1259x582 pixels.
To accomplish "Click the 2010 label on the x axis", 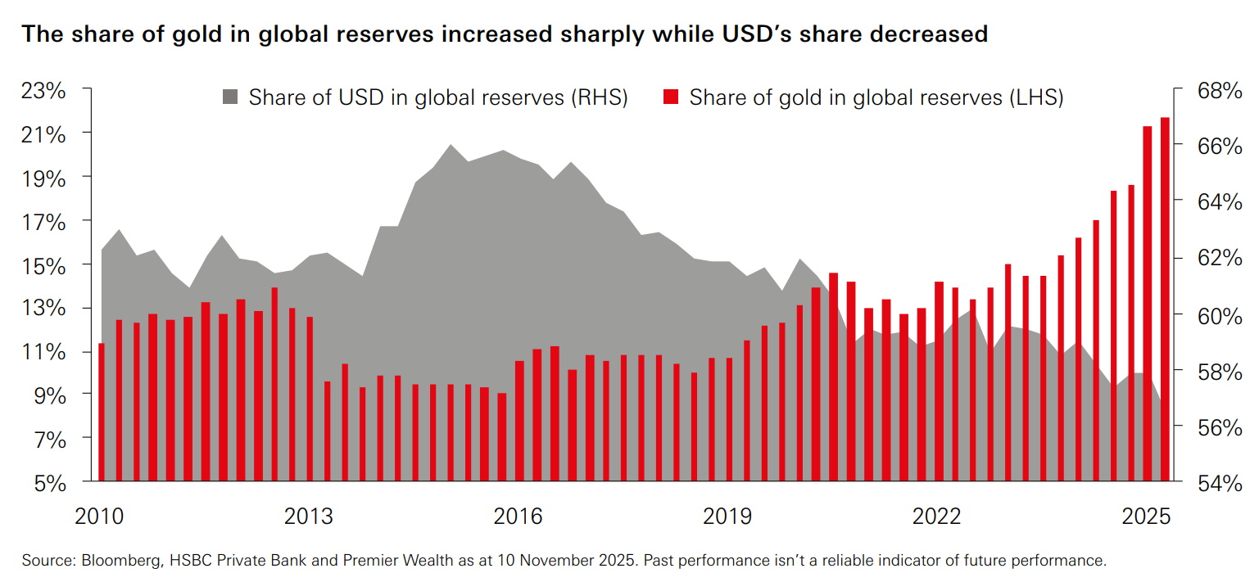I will point(99,517).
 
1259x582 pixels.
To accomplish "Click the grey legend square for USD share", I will point(230,98).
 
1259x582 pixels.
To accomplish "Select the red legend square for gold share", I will point(670,98).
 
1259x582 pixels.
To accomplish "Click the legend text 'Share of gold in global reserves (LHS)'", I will point(876,98).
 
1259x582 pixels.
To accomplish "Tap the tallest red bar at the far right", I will point(1164,299).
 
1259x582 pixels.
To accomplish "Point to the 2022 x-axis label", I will point(938,517).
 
